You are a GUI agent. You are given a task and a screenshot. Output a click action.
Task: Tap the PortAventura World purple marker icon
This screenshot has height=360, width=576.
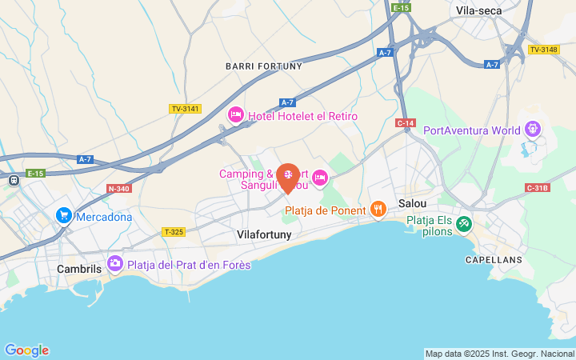(533, 130)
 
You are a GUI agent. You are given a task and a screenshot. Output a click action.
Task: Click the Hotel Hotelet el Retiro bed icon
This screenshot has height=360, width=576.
(235, 116)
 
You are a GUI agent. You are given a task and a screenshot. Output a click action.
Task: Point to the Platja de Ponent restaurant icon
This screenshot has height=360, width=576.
(378, 210)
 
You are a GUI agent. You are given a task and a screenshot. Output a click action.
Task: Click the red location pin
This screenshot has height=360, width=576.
(288, 176)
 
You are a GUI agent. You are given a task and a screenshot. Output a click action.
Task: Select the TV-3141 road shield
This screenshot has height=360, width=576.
(185, 109)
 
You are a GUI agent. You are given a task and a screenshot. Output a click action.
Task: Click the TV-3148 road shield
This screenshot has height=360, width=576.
(543, 50)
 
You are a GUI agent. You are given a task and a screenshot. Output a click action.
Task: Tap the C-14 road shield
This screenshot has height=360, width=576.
(406, 122)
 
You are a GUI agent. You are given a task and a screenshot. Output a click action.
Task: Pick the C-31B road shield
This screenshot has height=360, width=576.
(538, 188)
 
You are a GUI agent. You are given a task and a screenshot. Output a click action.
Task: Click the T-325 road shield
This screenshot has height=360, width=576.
(174, 232)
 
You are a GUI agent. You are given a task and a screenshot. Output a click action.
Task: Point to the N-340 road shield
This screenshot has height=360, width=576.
(118, 189)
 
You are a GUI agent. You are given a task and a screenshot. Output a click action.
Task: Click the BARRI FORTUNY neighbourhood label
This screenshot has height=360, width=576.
(264, 66)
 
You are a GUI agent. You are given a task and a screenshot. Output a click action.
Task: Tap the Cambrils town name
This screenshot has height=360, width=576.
(79, 269)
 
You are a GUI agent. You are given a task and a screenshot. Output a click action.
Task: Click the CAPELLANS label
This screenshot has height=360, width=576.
(494, 260)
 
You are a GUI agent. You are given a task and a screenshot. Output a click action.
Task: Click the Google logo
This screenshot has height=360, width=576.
(26, 350)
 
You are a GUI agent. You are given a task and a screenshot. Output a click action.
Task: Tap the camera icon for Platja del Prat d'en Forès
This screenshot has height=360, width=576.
(115, 263)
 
